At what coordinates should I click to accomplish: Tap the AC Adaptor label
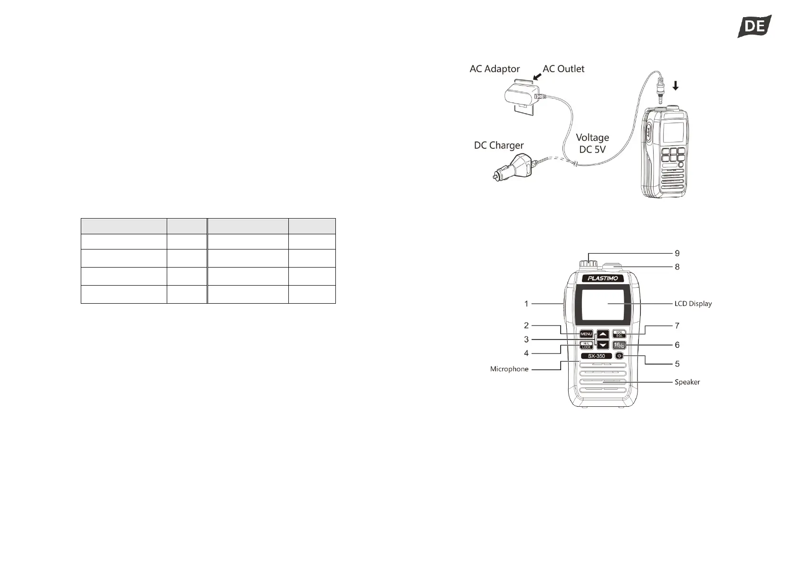(495, 69)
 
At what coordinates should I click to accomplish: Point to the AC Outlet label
(563, 69)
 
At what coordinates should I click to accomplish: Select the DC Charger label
(499, 145)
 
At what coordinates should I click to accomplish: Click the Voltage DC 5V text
(592, 143)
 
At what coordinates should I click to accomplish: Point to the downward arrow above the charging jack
(676, 86)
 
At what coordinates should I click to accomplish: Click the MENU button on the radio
(586, 334)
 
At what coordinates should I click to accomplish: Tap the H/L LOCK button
(586, 345)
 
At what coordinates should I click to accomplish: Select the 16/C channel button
(619, 345)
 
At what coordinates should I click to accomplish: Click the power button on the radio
(619, 356)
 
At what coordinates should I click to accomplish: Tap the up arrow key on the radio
(603, 335)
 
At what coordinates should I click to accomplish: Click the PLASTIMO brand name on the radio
(603, 278)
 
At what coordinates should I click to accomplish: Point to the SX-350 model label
(596, 356)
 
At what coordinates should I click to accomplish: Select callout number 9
(677, 253)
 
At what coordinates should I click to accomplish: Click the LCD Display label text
(693, 304)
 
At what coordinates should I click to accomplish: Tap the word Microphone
(509, 369)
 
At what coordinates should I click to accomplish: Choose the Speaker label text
(687, 382)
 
